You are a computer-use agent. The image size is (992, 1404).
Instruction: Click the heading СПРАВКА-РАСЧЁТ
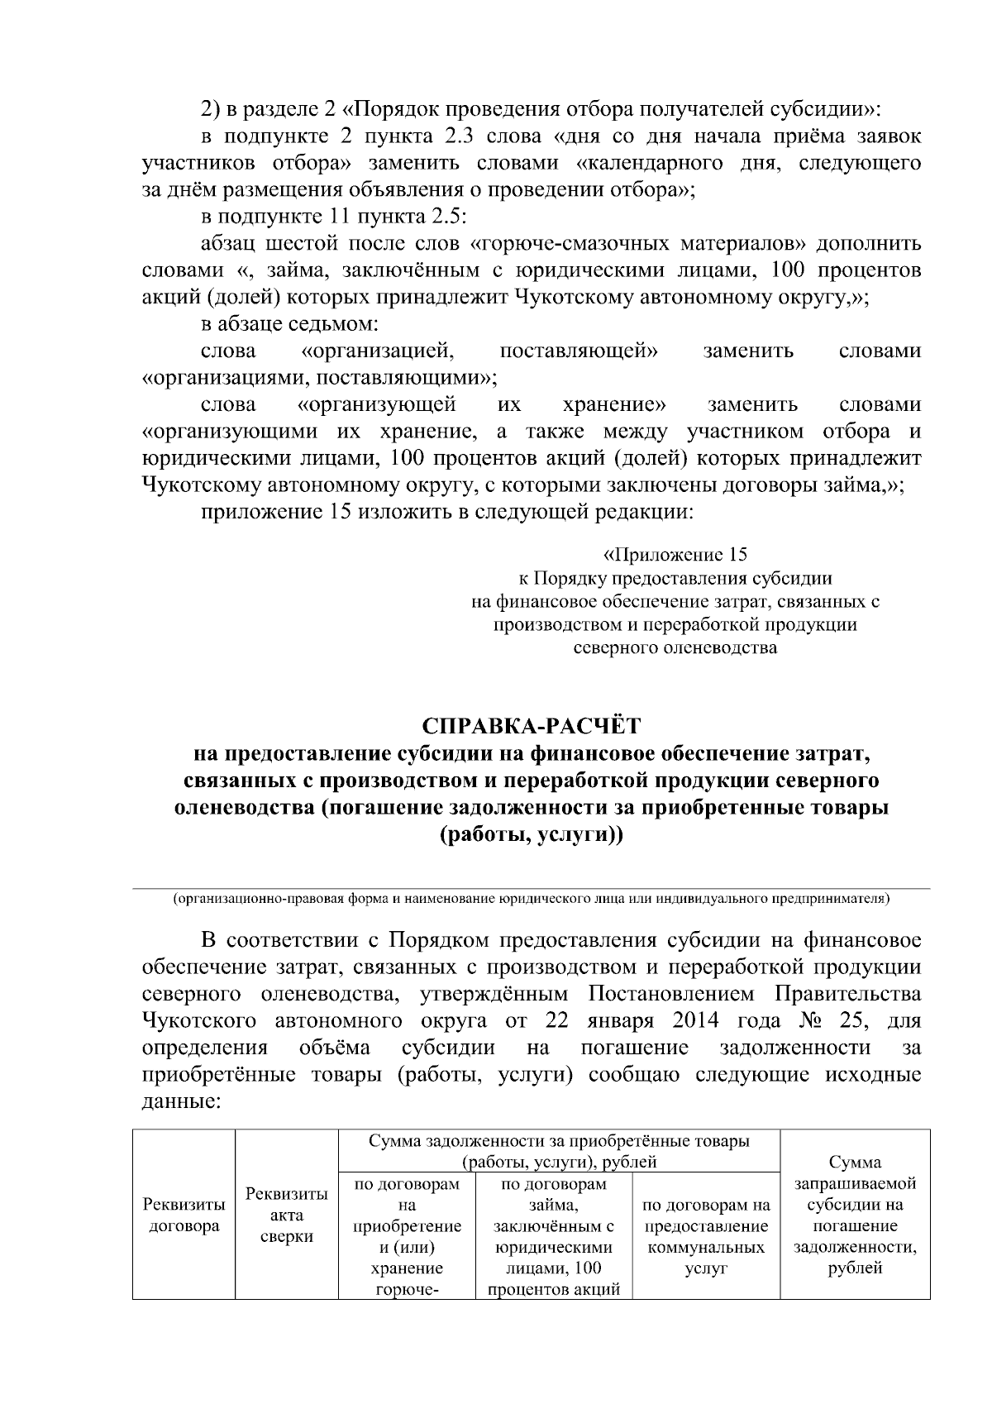(x=532, y=725)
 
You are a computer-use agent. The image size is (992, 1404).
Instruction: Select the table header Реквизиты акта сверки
(x=287, y=1215)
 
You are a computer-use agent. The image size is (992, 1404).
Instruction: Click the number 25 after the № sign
(x=851, y=1020)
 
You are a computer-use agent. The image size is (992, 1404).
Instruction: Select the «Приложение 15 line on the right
(x=675, y=554)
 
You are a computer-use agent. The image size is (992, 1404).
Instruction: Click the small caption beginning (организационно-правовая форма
(x=531, y=898)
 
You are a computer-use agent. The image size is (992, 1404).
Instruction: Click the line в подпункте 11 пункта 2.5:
(x=334, y=217)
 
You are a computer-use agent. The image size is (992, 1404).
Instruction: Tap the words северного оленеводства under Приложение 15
(x=675, y=647)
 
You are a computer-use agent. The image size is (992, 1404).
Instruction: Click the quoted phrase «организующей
(x=376, y=405)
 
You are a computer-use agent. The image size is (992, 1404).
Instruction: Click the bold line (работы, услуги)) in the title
(x=532, y=835)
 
